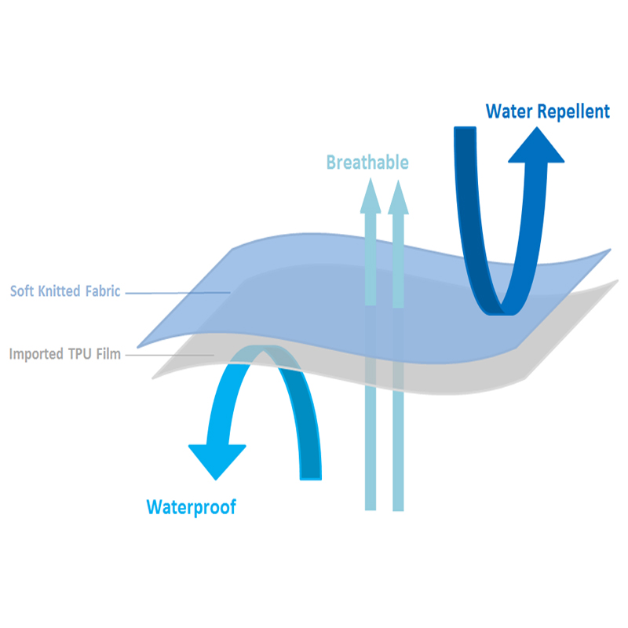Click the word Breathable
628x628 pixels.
367,162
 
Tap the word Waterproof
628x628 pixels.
191,507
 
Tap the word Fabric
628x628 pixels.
103,291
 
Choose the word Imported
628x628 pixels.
35,354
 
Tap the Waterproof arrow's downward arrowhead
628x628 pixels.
217,459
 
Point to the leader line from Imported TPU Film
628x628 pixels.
169,355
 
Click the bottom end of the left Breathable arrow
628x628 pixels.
370,506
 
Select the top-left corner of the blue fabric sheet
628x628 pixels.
233,250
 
